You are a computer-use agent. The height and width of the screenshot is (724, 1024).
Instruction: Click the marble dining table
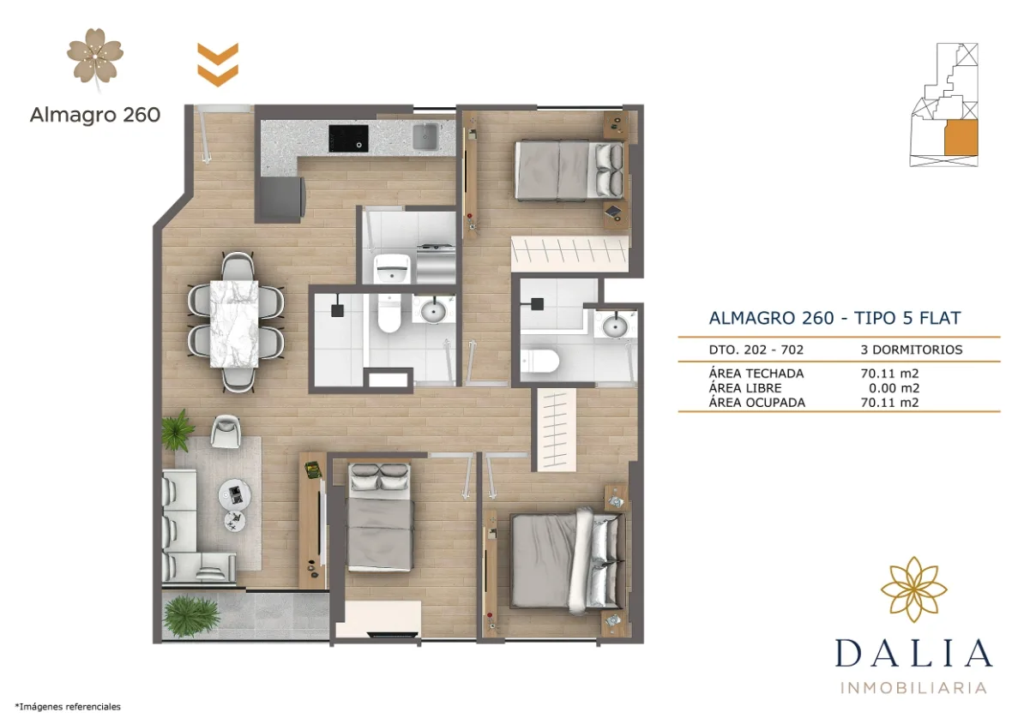233,324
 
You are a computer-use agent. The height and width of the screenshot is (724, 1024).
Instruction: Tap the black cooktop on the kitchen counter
349,137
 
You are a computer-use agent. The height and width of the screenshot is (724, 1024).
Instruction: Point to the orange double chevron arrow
218,63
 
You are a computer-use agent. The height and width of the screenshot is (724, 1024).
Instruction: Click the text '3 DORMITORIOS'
911,350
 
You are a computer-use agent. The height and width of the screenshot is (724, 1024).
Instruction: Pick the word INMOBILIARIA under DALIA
913,687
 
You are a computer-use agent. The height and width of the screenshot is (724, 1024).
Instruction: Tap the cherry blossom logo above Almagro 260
96,56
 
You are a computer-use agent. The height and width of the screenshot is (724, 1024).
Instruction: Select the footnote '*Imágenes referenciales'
68,707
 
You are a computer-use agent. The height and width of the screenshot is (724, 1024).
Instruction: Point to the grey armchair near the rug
226,430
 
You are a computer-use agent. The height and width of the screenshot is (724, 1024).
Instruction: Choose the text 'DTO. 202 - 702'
756,350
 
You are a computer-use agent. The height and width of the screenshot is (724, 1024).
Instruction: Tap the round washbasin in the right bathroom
615,325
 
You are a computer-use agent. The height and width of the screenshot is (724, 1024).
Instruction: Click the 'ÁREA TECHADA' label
756,374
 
